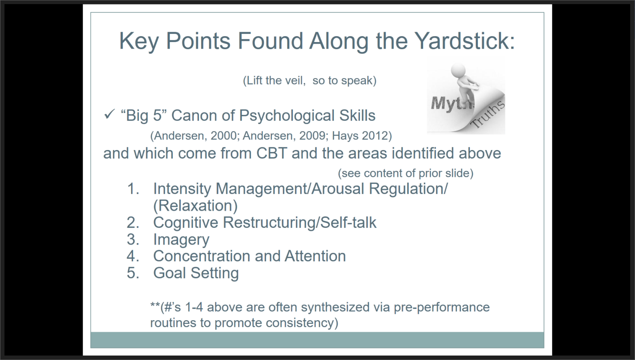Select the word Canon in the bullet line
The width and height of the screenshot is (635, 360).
click(x=194, y=115)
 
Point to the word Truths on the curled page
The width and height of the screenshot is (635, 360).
click(x=488, y=115)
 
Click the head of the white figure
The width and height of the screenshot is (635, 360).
click(x=458, y=70)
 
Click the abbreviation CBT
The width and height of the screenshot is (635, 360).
click(x=272, y=153)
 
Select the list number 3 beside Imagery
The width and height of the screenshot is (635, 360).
click(x=133, y=239)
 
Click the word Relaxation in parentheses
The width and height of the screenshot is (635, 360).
click(x=195, y=206)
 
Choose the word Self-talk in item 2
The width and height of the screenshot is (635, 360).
click(x=348, y=223)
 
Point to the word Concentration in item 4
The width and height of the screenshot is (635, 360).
click(x=201, y=256)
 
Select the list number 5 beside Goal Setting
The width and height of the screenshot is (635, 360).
click(x=133, y=273)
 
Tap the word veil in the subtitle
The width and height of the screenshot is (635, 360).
click(x=295, y=80)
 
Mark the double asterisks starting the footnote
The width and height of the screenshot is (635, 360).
click(x=155, y=305)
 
